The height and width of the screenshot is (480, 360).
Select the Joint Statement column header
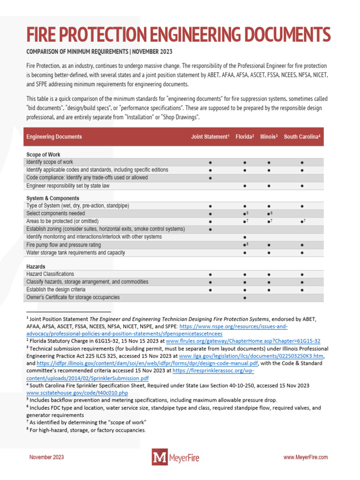(x=210, y=137)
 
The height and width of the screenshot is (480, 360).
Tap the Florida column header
(x=245, y=137)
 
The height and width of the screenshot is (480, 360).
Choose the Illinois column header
(x=269, y=137)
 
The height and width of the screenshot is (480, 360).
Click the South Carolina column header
(x=302, y=137)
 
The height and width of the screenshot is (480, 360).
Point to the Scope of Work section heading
(x=43, y=155)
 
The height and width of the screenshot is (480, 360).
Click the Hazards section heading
(x=36, y=267)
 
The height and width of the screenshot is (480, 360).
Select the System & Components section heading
(x=52, y=198)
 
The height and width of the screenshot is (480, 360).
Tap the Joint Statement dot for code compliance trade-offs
(x=210, y=178)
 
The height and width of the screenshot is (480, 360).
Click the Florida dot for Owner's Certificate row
(x=245, y=298)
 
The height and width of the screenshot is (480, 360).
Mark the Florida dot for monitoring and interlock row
(x=245, y=237)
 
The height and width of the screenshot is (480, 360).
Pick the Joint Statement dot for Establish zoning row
(x=210, y=229)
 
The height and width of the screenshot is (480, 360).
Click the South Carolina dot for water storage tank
(x=302, y=253)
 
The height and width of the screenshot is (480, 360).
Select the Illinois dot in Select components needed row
(x=268, y=214)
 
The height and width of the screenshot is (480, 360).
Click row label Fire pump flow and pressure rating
(x=63, y=245)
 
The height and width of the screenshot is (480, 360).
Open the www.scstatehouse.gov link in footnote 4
(x=77, y=393)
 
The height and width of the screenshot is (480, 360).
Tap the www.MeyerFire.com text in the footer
(x=306, y=457)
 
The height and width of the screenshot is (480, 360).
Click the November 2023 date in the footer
(x=47, y=457)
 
